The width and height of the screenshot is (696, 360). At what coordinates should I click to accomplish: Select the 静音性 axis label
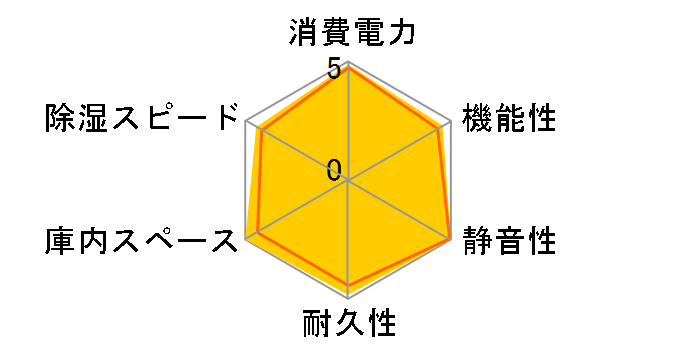point(508,241)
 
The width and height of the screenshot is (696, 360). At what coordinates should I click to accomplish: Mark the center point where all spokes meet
point(348,181)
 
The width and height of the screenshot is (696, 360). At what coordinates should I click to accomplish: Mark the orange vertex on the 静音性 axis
point(449,239)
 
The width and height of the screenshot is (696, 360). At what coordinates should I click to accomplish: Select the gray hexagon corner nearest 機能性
point(450,122)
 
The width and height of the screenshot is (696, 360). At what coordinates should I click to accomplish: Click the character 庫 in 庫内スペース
point(60,241)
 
